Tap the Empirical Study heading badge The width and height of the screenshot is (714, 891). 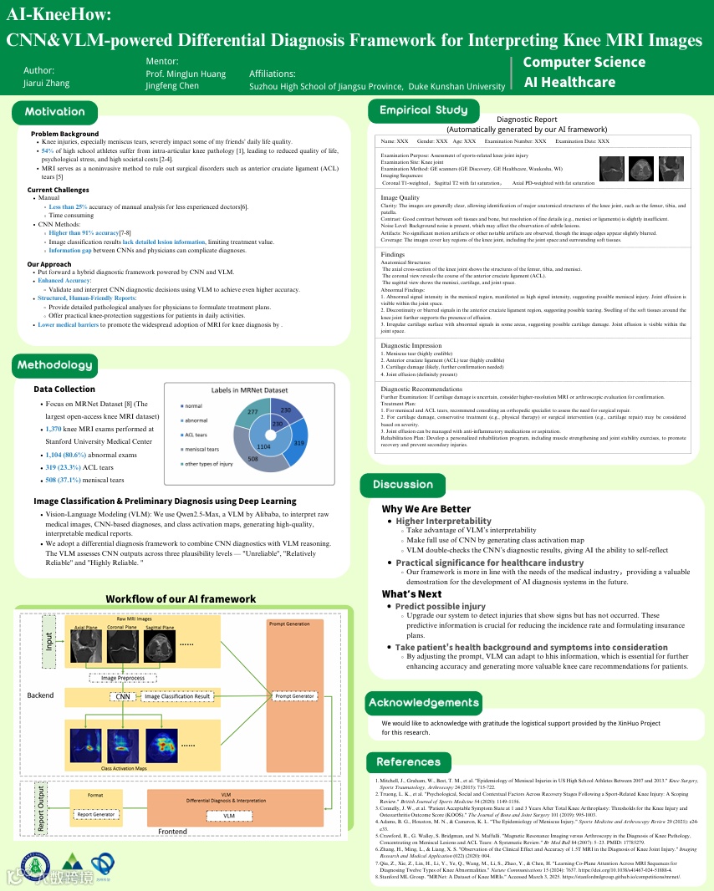423,110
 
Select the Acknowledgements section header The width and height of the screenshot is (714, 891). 423,702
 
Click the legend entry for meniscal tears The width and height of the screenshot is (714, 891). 202,449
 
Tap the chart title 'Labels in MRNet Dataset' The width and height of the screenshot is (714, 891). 248,389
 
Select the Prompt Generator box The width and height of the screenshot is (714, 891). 294,696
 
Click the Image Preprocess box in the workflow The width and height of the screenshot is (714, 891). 122,677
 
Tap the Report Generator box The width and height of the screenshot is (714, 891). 96,814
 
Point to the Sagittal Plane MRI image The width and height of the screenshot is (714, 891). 159,646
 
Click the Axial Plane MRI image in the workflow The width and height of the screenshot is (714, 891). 85,646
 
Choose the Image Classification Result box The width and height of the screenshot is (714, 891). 177,696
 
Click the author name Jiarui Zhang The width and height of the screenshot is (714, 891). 46,83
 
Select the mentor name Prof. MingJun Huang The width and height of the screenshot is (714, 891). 186,74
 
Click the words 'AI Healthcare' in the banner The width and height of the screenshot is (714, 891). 569,82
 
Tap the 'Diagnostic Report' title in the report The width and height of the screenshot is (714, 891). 526,120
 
